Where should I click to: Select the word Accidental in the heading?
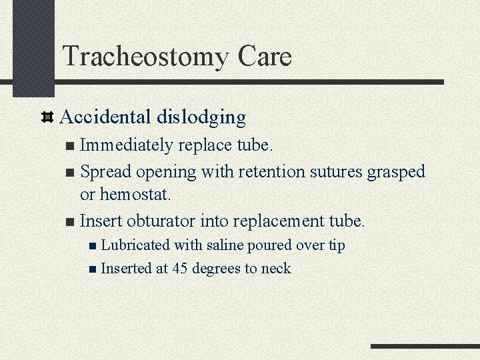105,117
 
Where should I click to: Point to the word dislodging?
201,118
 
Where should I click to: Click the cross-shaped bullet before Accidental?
47,118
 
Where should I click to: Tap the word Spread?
105,171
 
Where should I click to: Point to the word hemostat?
135,195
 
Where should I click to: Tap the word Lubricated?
135,245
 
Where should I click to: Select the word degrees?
217,269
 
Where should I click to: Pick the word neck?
277,268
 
